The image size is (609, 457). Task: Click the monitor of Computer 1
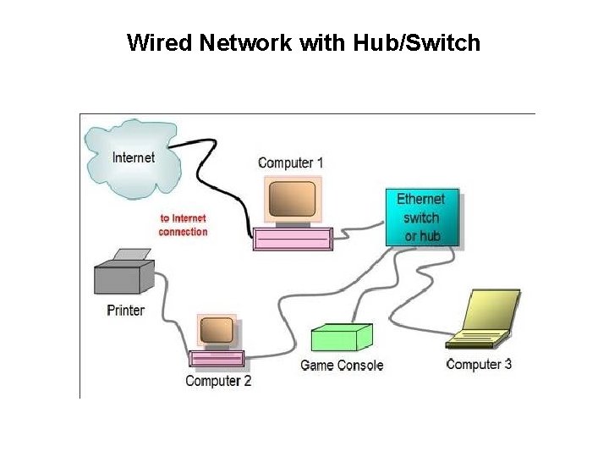pyautogui.click(x=292, y=200)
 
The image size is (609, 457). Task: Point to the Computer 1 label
pyautogui.click(x=290, y=162)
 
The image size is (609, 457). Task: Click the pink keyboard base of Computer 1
pyautogui.click(x=292, y=239)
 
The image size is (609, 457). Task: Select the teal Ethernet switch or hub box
pyautogui.click(x=421, y=217)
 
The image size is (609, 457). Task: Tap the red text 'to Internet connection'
pyautogui.click(x=183, y=225)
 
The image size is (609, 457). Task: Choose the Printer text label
pyautogui.click(x=125, y=310)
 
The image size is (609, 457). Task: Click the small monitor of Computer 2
pyautogui.click(x=216, y=330)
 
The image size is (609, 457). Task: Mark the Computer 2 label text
pyautogui.click(x=218, y=381)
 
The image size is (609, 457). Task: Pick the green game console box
pyautogui.click(x=341, y=339)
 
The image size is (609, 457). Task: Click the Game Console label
pyautogui.click(x=342, y=366)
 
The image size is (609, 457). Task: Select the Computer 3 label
pyautogui.click(x=479, y=365)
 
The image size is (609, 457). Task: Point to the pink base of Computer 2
pyautogui.click(x=217, y=359)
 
